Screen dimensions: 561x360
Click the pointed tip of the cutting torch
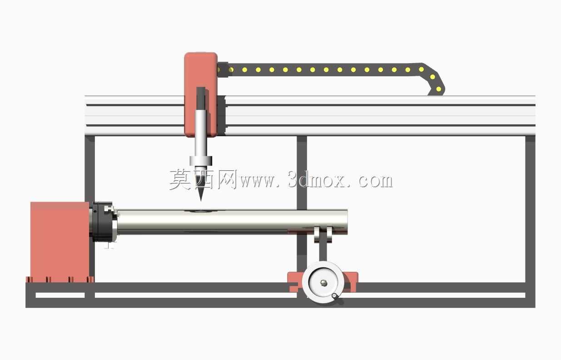[x=201, y=201]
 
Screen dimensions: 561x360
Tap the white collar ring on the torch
[x=201, y=161]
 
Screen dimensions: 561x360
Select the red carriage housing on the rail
[x=201, y=94]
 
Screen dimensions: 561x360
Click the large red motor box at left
[x=60, y=242]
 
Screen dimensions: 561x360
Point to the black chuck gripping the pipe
[x=103, y=222]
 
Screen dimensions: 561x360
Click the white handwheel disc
[x=323, y=282]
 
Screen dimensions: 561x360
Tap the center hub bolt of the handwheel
[x=323, y=283]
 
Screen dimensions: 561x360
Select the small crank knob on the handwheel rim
[x=334, y=296]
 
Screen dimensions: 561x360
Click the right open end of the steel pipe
[x=347, y=222]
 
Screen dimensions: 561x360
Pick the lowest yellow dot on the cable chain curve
[x=438, y=89]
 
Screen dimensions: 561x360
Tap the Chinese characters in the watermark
[x=204, y=179]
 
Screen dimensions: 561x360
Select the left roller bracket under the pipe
[x=317, y=235]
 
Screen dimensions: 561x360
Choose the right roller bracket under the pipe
[x=329, y=235]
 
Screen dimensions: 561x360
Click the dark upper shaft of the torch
[x=201, y=98]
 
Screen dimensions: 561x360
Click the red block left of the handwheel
[x=295, y=282]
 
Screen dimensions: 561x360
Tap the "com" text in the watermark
[x=375, y=181]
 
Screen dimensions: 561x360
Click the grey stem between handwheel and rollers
[x=323, y=252]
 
